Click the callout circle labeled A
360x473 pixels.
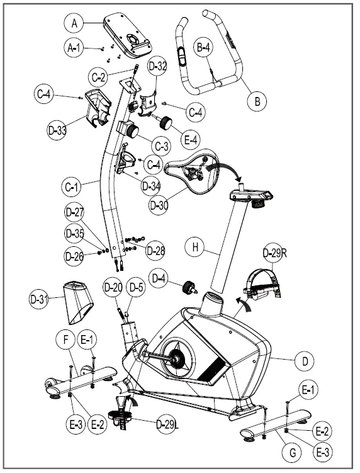(x=75, y=23)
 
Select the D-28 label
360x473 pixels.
(x=155, y=250)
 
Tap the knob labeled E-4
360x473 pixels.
(x=166, y=122)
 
